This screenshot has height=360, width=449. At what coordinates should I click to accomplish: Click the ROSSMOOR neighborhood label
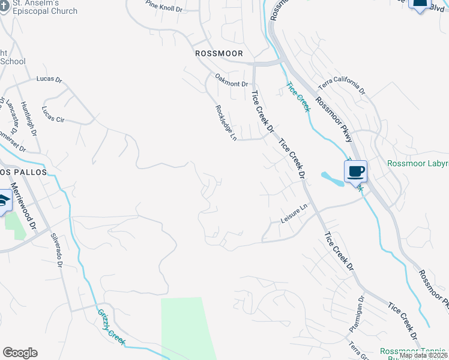pos(219,53)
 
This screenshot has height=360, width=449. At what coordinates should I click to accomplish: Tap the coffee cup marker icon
pos(355,172)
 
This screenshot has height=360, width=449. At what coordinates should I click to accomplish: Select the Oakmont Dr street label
pos(232,84)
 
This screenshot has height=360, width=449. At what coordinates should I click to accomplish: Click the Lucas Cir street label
pos(53,115)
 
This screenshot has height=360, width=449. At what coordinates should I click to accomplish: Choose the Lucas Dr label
pos(49,79)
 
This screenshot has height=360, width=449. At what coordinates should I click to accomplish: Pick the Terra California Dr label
pos(341,83)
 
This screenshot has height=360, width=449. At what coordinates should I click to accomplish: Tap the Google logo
pos(20,353)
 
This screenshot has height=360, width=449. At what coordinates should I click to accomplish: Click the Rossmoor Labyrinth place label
pos(417,163)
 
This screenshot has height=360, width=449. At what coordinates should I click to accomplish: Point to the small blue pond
pos(331,178)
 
